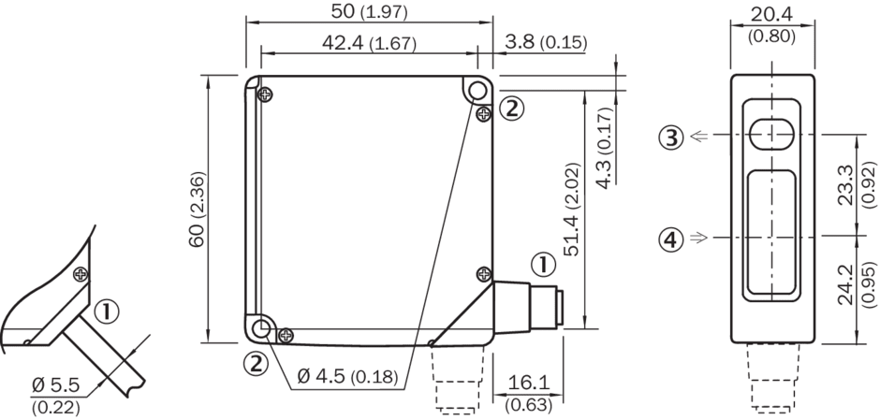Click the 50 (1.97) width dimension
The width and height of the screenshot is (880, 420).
coord(369,12)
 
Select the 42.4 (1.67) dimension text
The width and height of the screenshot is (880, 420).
coord(369,43)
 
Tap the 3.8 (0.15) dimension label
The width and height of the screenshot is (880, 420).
coord(546,42)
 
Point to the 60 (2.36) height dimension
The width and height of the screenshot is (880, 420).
coord(198,210)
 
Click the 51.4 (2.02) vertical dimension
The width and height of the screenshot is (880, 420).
coord(572,210)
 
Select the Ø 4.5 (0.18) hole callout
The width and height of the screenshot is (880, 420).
coord(346,376)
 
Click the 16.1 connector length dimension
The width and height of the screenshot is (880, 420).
coord(528,392)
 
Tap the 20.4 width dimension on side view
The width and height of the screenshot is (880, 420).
coord(771,24)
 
